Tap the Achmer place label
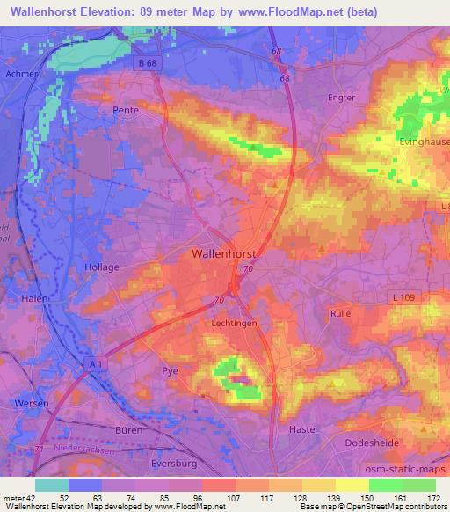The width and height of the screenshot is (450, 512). point(20,74)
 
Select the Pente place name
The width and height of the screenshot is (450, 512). point(126,111)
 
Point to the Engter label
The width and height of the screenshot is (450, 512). point(341,98)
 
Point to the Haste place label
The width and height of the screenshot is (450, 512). point(301,429)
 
